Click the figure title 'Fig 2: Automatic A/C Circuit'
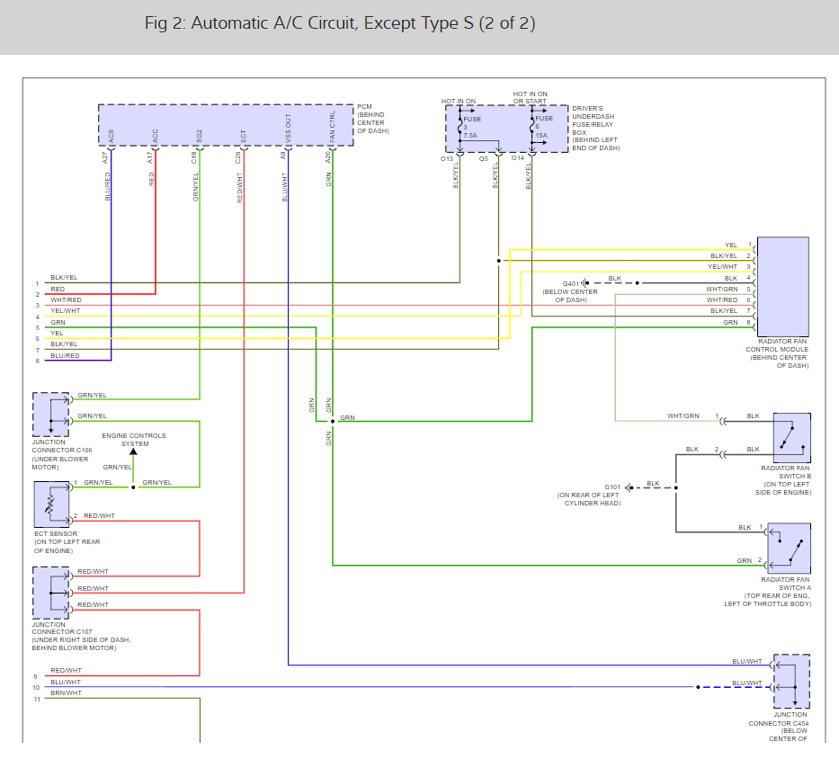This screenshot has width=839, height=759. (340, 23)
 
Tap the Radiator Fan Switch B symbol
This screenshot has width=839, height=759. (790, 437)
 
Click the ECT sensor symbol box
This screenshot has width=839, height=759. (50, 505)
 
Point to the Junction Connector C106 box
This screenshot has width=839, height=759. (50, 414)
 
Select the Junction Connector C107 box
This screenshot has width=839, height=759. (50, 588)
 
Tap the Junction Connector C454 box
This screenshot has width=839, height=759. (790, 681)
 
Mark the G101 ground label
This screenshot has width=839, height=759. (612, 486)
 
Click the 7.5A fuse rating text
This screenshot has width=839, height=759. (469, 136)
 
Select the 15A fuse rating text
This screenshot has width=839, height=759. (541, 136)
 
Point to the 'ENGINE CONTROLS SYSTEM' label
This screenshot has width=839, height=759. (133, 440)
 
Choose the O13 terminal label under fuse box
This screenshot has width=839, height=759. (447, 158)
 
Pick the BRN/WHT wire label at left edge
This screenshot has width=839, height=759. (66, 692)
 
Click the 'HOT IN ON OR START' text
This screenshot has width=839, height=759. (530, 97)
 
